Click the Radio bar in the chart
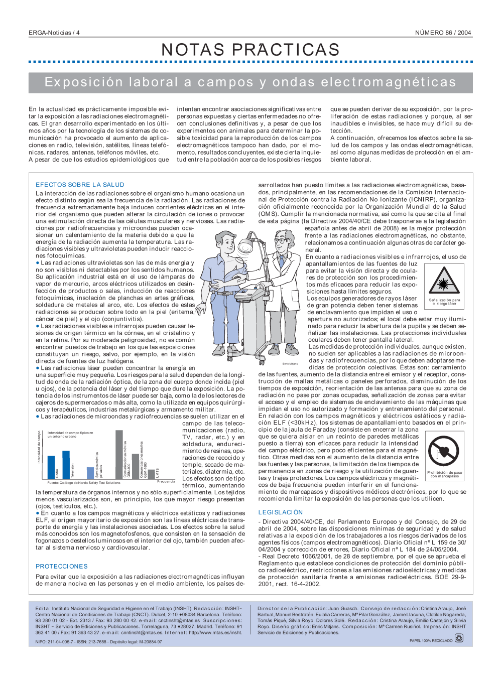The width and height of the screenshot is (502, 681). tap(51, 467)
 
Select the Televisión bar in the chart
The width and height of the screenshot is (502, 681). tap(66, 464)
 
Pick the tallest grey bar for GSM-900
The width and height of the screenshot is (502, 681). tap(119, 454)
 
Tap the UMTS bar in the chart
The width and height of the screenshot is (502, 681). tap(157, 473)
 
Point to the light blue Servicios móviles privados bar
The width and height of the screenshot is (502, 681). tap(90, 473)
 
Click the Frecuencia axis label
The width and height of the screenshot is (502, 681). tap(166, 482)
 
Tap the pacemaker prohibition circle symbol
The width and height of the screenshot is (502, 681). tap(444, 450)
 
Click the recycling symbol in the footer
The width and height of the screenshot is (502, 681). tap(459, 638)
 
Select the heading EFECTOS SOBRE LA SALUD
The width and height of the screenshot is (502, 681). tap(80, 185)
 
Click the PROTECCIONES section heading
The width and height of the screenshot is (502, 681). tap(62, 566)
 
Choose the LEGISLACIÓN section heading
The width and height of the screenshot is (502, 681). tap(281, 512)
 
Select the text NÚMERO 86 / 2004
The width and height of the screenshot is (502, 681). tap(443, 33)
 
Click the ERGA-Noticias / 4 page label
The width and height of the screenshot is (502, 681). tap(54, 33)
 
